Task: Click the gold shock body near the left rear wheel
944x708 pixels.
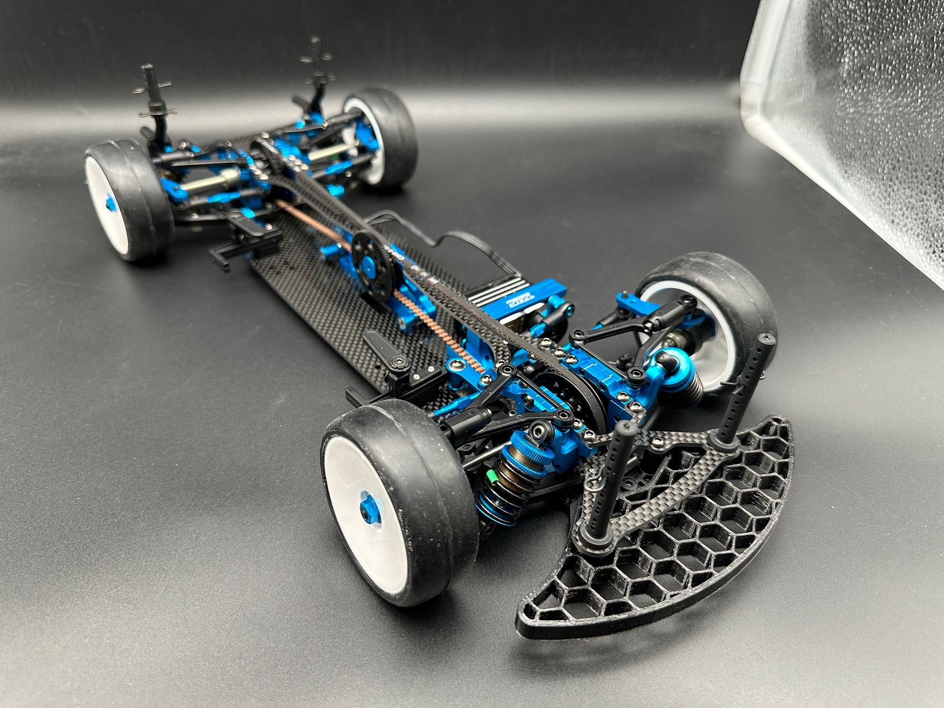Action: click(x=208, y=180)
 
